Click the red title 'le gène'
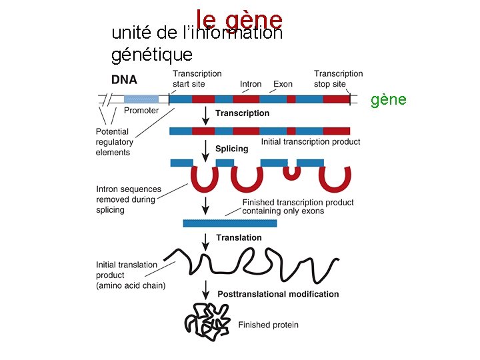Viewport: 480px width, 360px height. (239, 19)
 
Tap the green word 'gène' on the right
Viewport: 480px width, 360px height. (388, 99)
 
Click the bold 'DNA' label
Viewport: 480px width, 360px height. (124, 79)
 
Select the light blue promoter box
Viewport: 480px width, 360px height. (141, 99)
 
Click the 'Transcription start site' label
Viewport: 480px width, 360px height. (197, 79)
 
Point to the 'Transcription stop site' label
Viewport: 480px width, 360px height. (338, 79)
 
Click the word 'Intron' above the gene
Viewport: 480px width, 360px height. (251, 84)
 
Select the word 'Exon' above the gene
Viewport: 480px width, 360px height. (283, 84)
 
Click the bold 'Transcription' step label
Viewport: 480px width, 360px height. (242, 113)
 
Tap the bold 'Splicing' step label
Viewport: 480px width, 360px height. (231, 149)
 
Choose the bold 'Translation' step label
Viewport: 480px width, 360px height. (239, 237)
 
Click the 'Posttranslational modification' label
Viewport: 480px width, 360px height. (278, 294)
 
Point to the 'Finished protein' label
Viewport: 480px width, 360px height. (269, 325)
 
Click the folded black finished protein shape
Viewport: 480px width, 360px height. (207, 321)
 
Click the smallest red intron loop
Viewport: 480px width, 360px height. (291, 173)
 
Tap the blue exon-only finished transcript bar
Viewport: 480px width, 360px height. (229, 223)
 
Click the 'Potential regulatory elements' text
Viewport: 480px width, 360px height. (115, 142)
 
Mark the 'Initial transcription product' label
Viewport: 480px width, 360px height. (310, 141)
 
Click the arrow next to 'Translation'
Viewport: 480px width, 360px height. (205, 239)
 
